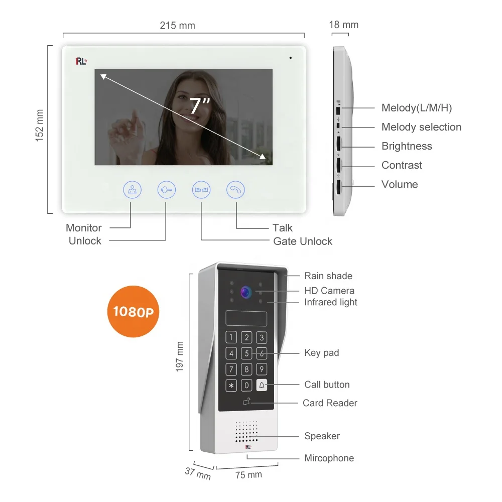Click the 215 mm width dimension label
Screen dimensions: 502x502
point(177,26)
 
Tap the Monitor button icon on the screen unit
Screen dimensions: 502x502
point(133,190)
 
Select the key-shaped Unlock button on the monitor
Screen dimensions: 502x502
point(166,190)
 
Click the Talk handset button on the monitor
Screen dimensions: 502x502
point(236,190)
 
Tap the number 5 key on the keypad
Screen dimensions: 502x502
point(246,353)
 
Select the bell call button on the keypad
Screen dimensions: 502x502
point(262,386)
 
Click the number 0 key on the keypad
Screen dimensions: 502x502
point(246,386)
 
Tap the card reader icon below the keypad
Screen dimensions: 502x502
point(246,402)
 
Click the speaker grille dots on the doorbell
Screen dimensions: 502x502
point(246,432)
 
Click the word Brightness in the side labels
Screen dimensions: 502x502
point(407,146)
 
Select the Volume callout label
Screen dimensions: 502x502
point(400,184)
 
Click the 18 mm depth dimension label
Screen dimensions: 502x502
point(344,25)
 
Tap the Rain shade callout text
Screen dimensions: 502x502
point(328,276)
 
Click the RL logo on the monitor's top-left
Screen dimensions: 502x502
point(81,61)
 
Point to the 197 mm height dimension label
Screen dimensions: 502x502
point(180,356)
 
